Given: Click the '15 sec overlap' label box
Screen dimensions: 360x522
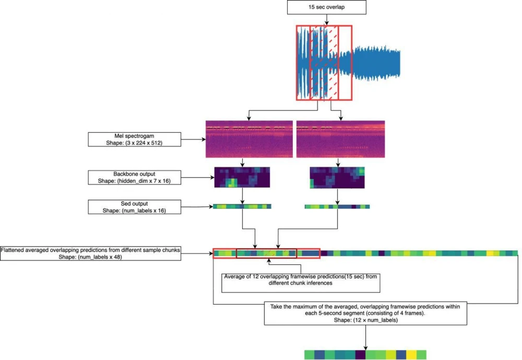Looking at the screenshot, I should coord(327,7).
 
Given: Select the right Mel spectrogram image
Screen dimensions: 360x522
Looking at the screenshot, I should coord(340,138).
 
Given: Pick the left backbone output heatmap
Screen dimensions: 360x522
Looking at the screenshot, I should coord(242,178).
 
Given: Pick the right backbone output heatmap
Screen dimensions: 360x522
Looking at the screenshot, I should coord(337,178).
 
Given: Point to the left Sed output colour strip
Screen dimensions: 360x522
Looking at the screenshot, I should coord(242,206).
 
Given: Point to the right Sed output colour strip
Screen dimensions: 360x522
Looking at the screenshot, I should coord(337,206).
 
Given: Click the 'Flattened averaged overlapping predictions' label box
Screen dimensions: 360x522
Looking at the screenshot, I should coord(91,253).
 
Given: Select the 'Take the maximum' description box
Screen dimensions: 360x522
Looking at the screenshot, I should coord(365,313).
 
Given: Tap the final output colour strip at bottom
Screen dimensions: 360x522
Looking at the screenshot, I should coord(365,355).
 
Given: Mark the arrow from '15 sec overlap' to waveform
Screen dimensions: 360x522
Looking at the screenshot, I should coord(327,19).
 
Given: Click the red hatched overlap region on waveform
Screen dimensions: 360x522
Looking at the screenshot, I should coord(324,63).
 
